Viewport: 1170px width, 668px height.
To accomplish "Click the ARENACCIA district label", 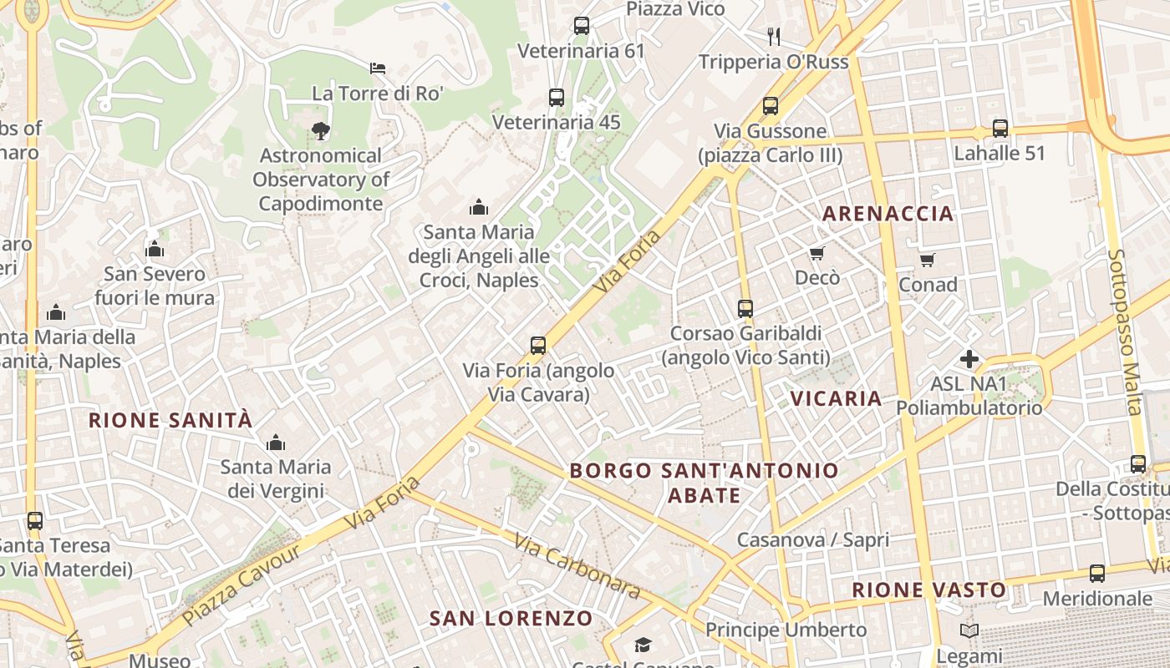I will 888,214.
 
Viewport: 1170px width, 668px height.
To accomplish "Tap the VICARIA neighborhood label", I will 837,398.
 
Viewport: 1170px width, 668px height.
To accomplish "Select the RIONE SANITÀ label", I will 170,420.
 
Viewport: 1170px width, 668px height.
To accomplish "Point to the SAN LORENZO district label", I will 511,619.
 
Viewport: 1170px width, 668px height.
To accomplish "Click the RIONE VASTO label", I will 929,590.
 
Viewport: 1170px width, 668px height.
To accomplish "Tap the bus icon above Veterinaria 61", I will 582,26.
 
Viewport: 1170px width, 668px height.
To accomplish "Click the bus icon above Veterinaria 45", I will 557,97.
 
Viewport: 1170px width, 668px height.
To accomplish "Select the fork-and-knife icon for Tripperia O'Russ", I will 774,36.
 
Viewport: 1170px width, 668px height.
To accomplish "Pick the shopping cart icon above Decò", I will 817,253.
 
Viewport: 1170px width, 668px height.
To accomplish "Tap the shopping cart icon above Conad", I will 928,261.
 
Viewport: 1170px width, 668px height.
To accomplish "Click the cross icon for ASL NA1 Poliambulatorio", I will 969,359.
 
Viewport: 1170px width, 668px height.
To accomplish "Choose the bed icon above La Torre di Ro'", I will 378,68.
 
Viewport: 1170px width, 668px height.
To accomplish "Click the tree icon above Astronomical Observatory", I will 320,130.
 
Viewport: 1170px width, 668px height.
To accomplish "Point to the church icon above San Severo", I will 155,249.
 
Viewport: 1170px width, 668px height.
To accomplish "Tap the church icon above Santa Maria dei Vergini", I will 275,442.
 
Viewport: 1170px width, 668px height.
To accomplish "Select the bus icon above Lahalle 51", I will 1000,129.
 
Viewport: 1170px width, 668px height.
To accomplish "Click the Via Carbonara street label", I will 577,566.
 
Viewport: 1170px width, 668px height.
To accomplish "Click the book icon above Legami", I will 969,631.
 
